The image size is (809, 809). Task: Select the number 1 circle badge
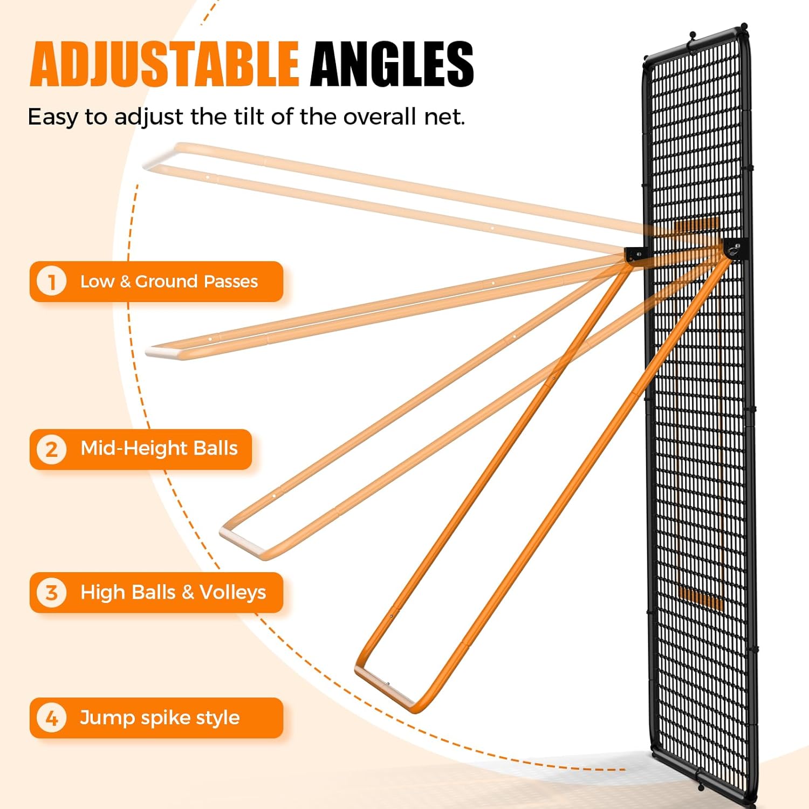[51, 281]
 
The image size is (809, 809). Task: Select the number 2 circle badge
[51, 449]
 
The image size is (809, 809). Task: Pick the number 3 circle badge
[51, 592]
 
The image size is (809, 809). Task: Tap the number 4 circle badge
[51, 718]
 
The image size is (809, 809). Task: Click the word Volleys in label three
[232, 592]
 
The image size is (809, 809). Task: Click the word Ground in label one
[166, 282]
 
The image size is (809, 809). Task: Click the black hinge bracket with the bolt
[734, 249]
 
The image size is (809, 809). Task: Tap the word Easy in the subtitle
[53, 117]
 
